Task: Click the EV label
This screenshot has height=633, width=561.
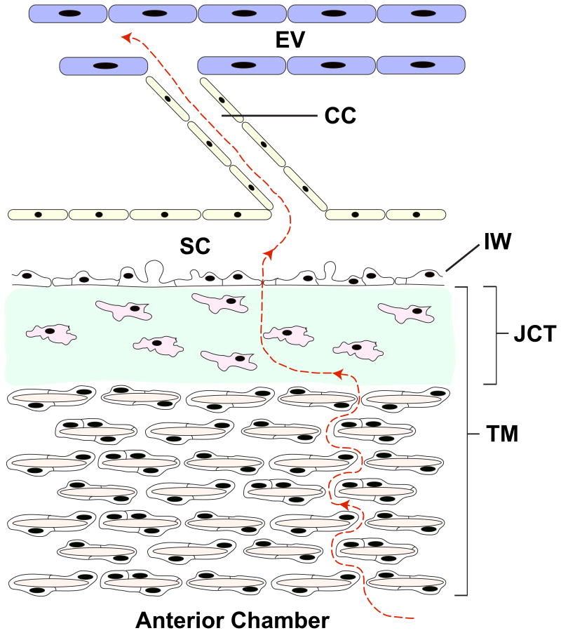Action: click(290, 40)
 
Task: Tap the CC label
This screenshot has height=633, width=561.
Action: click(341, 115)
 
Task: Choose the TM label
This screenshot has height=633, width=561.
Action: click(502, 436)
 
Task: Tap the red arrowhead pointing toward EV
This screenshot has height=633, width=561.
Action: click(126, 37)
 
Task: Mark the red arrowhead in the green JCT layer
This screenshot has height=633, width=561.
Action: click(337, 374)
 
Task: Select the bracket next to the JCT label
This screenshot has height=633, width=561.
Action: click(495, 335)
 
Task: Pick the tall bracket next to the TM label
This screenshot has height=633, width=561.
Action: click(467, 441)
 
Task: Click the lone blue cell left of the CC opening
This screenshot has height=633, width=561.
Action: click(104, 66)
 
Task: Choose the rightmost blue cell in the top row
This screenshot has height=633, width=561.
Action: click(421, 13)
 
